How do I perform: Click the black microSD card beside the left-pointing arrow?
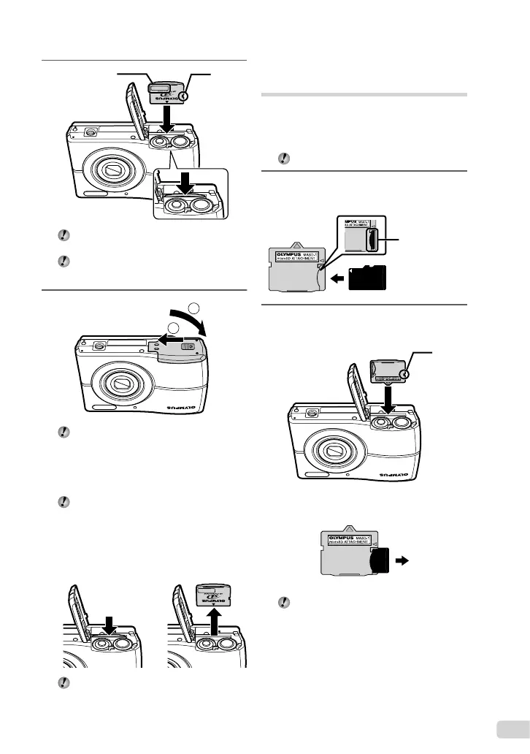pos(369,278)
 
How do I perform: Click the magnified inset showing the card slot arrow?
pos(189,194)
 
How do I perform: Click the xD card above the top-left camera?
pos(169,95)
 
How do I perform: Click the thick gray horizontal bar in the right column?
pos(364,94)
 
